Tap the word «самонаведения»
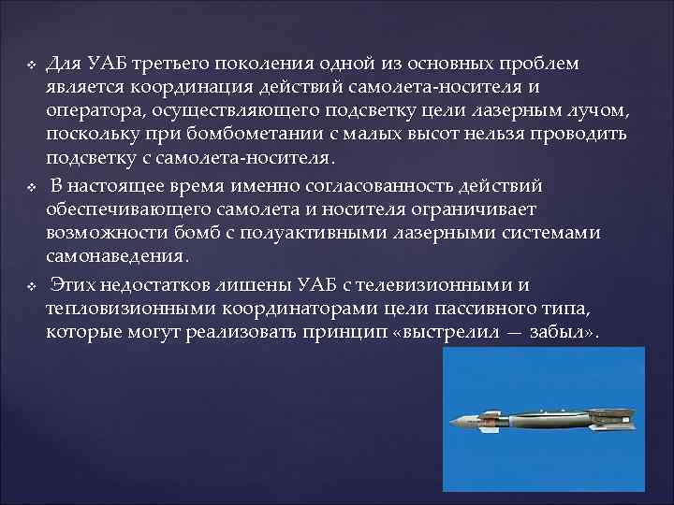point(118,255)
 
